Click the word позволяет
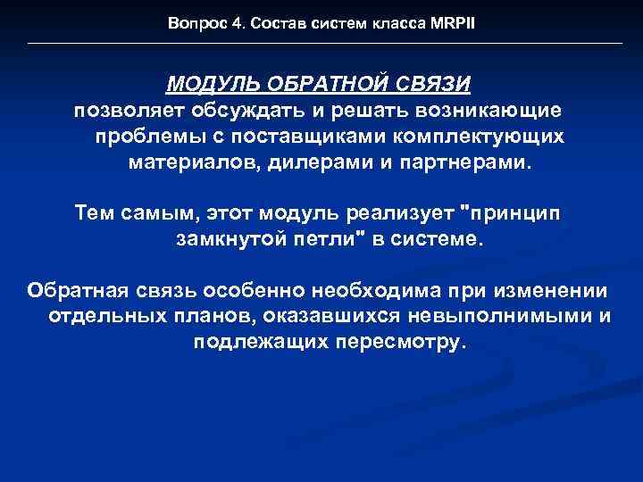coord(129,111)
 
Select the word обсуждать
coord(245,111)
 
